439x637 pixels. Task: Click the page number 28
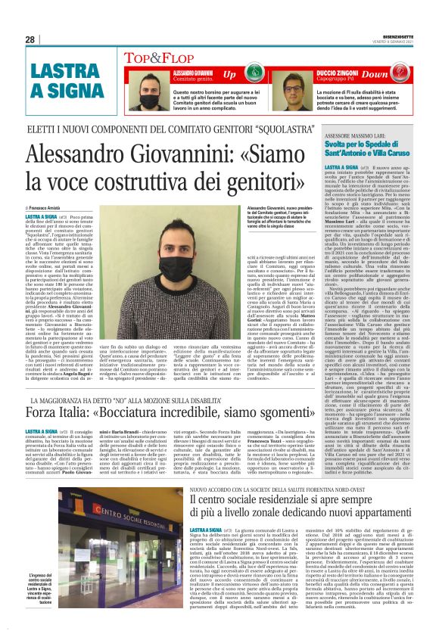click(30, 39)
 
